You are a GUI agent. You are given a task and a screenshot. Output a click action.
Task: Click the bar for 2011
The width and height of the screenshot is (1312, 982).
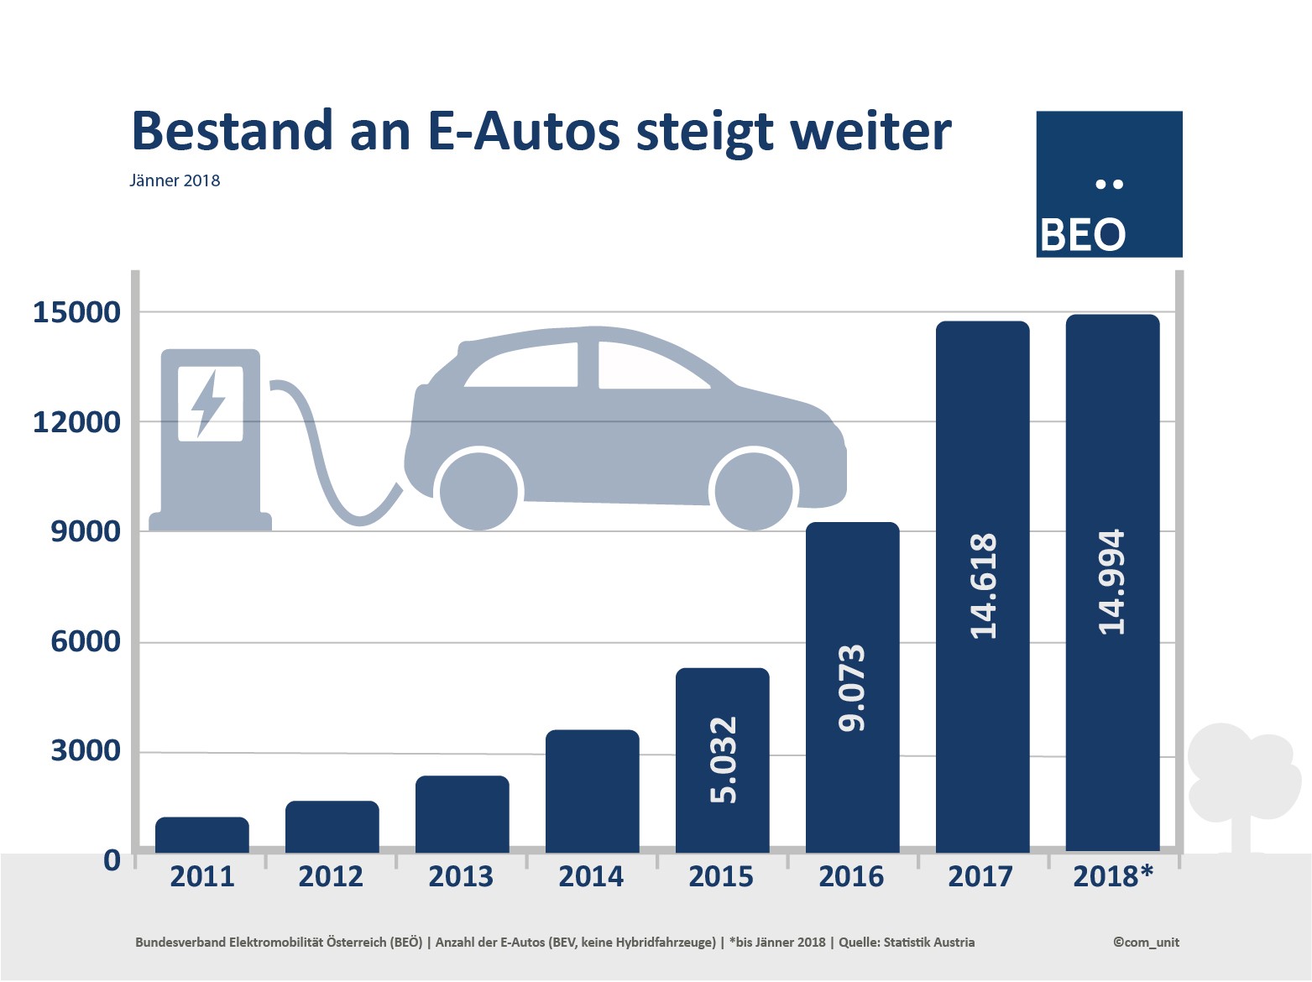(x=202, y=835)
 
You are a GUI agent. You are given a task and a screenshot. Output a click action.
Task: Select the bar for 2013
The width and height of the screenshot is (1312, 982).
(x=462, y=814)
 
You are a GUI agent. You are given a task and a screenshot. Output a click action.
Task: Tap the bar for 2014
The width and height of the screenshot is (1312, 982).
(x=592, y=791)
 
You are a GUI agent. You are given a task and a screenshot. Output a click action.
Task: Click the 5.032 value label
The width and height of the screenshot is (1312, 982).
(x=723, y=760)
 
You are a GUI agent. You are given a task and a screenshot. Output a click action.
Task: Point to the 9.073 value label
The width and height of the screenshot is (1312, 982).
(x=852, y=687)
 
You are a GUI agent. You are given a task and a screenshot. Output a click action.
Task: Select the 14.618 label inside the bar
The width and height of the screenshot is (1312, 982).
(x=983, y=586)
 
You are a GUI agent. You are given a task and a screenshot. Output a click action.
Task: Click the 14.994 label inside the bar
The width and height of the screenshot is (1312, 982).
(x=1112, y=582)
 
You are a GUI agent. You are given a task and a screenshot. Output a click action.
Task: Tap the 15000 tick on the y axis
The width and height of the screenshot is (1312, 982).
(x=76, y=312)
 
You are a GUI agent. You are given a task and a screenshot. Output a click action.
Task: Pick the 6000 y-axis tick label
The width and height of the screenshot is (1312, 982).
(x=86, y=641)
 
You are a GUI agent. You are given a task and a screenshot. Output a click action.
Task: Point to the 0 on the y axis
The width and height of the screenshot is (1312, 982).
(x=112, y=860)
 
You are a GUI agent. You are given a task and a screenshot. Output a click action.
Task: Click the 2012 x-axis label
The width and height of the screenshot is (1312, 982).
(x=331, y=876)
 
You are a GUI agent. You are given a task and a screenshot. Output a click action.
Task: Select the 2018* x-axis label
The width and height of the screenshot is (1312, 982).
(x=1113, y=876)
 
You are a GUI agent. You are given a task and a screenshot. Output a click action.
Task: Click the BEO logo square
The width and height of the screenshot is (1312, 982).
(x=1109, y=184)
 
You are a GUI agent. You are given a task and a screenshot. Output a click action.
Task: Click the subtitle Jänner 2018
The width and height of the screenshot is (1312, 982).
(x=175, y=180)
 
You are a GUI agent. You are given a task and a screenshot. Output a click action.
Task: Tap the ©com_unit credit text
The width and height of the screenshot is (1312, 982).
(x=1146, y=942)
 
